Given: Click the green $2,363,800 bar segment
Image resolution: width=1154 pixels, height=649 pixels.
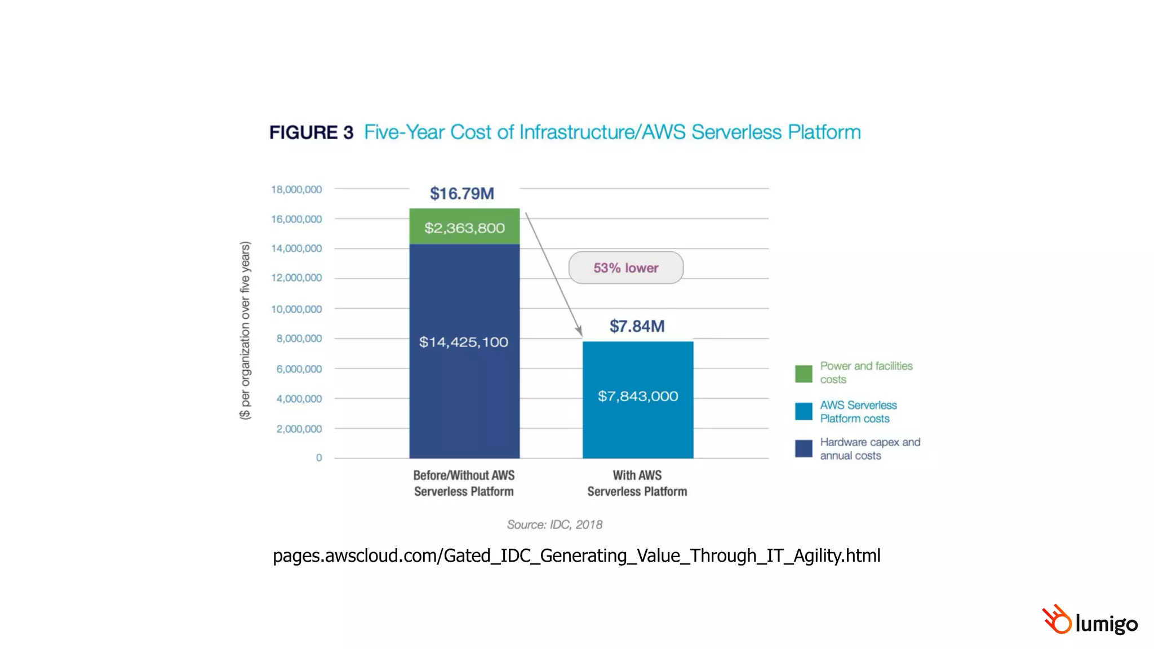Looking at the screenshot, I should (x=464, y=226).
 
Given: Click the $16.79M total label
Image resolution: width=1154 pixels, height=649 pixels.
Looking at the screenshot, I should (x=462, y=193).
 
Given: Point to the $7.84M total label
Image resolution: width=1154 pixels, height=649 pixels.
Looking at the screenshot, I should (x=637, y=326).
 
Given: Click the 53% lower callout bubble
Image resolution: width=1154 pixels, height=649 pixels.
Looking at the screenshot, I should (x=626, y=268).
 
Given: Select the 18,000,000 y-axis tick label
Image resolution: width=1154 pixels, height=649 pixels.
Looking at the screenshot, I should (x=296, y=189).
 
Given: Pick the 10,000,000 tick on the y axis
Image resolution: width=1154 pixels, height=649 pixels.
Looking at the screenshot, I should (x=296, y=309).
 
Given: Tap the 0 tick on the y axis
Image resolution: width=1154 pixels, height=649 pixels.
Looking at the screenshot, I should (x=319, y=457).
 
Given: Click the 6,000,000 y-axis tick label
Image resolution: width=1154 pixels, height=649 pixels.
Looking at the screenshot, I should (x=299, y=369).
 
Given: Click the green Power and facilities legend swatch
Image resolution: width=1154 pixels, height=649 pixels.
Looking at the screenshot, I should (x=804, y=374).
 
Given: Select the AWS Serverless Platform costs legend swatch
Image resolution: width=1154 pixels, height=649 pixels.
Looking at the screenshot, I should (x=804, y=411).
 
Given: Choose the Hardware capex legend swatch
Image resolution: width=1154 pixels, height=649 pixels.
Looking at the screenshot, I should (x=804, y=449).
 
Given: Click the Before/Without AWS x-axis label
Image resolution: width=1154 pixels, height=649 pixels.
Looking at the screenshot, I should (x=464, y=483).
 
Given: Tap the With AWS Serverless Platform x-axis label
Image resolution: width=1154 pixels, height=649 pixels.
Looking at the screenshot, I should (x=637, y=483).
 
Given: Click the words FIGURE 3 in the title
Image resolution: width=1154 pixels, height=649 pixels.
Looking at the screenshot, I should (x=311, y=132).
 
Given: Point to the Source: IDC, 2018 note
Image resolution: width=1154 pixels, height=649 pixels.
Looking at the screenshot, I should (x=554, y=524).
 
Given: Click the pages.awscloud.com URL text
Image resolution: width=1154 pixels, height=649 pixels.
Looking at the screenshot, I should (x=576, y=555).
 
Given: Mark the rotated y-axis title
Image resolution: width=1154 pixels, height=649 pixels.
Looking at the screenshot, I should (x=245, y=330).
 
